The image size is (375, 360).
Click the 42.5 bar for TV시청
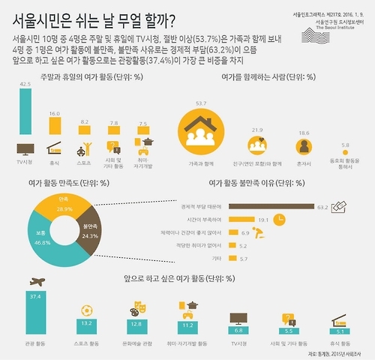tap(25, 112)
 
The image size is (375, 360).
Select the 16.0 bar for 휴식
tap(55, 126)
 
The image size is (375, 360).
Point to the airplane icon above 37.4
tap(36, 281)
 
